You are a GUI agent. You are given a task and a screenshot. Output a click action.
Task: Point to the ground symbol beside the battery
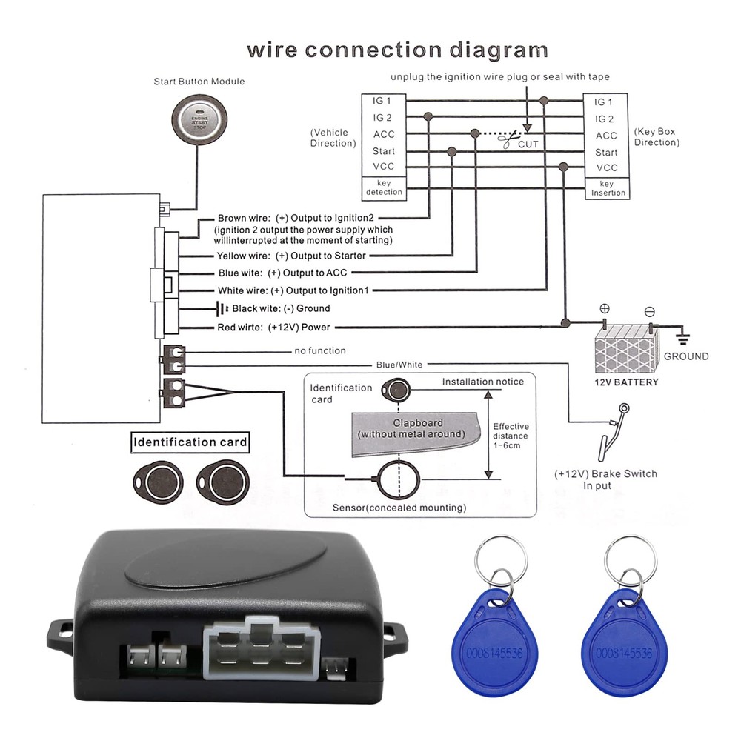click(682, 339)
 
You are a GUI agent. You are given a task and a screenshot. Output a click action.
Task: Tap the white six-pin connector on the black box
click(260, 652)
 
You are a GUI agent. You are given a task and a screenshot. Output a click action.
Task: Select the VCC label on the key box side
click(606, 168)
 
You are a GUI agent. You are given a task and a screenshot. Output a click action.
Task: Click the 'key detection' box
click(384, 187)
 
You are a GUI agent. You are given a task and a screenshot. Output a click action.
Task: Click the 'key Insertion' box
click(607, 188)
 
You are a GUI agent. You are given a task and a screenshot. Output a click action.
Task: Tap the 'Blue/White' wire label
click(399, 364)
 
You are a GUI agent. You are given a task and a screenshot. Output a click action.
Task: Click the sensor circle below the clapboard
click(399, 479)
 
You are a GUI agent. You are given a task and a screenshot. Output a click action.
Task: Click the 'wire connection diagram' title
click(397, 50)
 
